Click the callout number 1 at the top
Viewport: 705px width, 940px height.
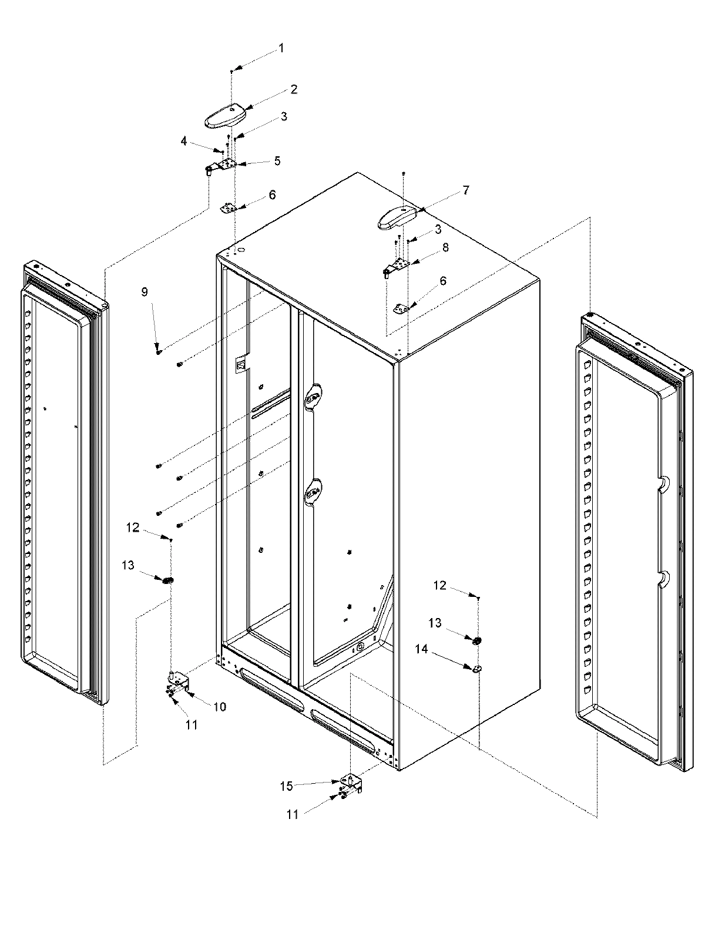281,48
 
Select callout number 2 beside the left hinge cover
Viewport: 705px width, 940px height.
293,89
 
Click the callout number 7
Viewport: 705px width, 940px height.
465,190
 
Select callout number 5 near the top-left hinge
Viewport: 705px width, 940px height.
277,160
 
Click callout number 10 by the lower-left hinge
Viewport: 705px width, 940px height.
219,707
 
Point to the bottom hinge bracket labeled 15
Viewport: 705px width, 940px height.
351,784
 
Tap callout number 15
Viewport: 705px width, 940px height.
286,786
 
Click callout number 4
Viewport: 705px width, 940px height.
184,141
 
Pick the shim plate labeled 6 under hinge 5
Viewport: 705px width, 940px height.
229,208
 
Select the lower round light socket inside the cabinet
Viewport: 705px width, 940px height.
313,492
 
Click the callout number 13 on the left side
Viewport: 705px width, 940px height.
128,565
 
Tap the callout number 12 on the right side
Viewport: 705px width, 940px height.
439,585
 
